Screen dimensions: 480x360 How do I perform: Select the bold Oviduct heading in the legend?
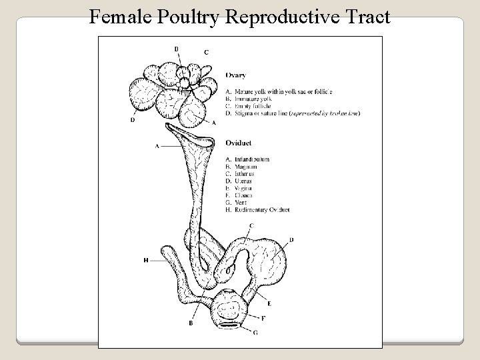238,142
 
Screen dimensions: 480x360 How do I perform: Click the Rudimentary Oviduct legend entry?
263,210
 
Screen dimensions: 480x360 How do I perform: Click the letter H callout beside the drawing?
145,261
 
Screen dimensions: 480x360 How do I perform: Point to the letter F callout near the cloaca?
264,318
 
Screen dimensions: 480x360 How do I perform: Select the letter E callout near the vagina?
269,303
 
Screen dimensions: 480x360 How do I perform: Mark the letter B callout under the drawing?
191,323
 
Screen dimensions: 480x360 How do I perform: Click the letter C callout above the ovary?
206,52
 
